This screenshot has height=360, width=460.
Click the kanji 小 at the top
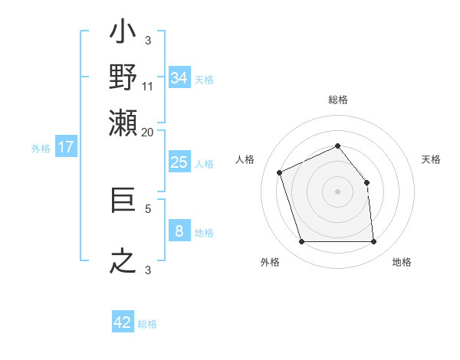(x=123, y=33)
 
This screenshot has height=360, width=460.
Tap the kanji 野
(x=123, y=77)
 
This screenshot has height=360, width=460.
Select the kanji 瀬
(x=123, y=122)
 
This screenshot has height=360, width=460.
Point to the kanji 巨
(x=123, y=201)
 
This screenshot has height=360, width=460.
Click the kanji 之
(x=123, y=261)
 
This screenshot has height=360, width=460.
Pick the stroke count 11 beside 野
(x=148, y=86)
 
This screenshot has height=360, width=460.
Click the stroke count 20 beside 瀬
(x=148, y=131)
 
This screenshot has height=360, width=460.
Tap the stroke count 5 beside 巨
(x=148, y=208)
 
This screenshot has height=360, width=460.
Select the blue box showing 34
(x=179, y=78)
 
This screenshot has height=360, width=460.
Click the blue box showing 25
(x=179, y=162)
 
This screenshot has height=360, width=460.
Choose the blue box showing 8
(x=179, y=231)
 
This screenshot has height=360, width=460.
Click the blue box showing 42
(x=123, y=322)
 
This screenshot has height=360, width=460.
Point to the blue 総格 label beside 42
(x=147, y=324)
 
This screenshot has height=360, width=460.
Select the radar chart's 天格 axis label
(x=431, y=159)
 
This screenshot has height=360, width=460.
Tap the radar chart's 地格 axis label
(x=402, y=262)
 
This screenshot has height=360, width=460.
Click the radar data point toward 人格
(x=280, y=172)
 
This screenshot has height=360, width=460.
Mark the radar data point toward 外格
(x=301, y=242)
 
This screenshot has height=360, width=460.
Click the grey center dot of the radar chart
(x=337, y=191)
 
